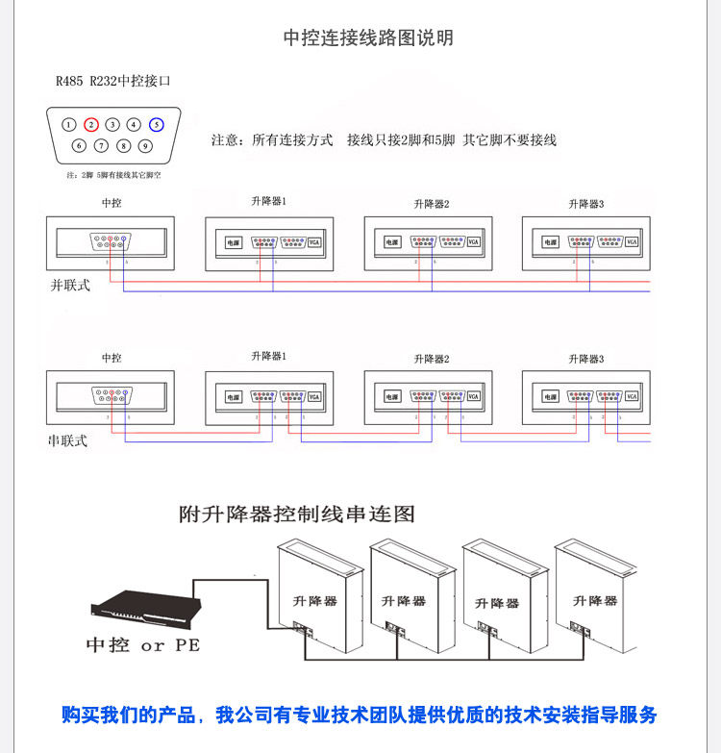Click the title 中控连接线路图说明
click(368, 38)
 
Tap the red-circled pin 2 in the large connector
click(90, 124)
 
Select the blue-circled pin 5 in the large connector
click(156, 124)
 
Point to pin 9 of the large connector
click(144, 146)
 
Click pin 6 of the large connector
click(80, 146)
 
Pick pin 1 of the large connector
click(69, 124)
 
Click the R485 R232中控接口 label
click(112, 82)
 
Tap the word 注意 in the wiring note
click(224, 140)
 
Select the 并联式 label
click(69, 286)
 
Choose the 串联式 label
click(67, 440)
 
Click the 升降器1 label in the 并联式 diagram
click(269, 201)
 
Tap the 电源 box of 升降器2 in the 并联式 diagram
click(391, 242)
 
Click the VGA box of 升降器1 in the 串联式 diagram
click(314, 396)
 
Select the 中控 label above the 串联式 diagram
click(112, 358)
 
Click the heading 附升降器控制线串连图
click(297, 515)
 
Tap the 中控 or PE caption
click(143, 645)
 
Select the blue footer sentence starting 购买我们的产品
click(360, 715)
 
